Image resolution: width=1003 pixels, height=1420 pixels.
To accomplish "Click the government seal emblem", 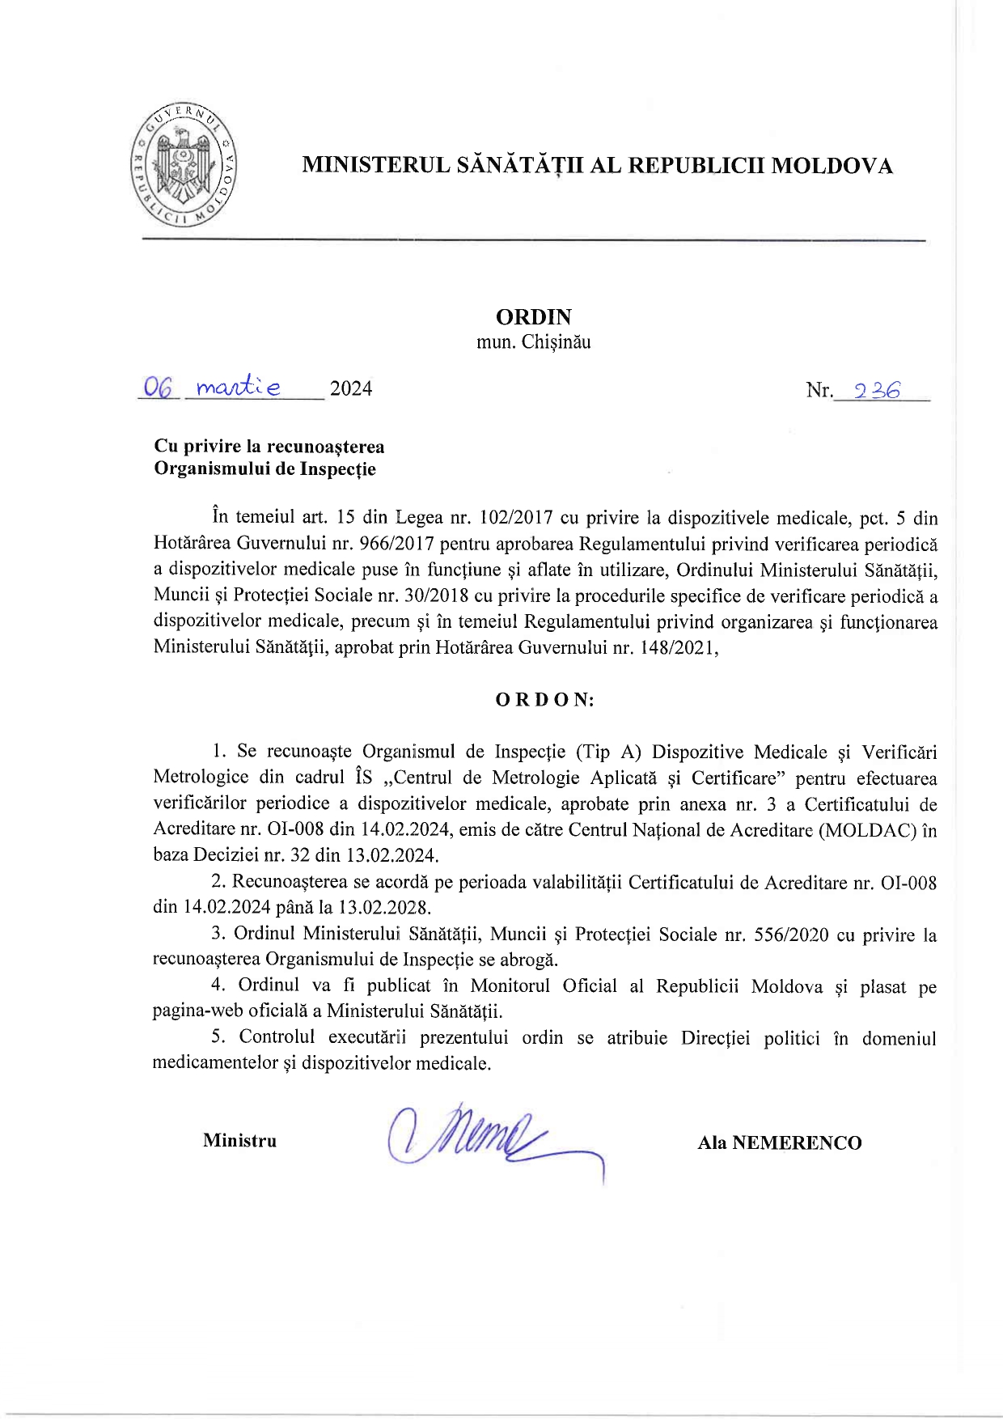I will tap(184, 166).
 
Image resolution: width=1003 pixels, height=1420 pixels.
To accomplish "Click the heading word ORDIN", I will tap(533, 316).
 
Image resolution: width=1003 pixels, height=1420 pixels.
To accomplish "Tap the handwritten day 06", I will tap(159, 388).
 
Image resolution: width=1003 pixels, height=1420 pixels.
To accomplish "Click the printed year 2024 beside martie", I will tap(351, 389).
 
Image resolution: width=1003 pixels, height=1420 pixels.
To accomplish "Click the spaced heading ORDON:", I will tap(544, 701).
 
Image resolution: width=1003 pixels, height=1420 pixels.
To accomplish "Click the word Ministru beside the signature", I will tap(239, 1141).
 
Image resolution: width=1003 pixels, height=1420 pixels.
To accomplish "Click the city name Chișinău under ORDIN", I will tap(556, 342).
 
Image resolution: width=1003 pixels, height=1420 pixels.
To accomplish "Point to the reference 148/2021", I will tap(675, 648).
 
